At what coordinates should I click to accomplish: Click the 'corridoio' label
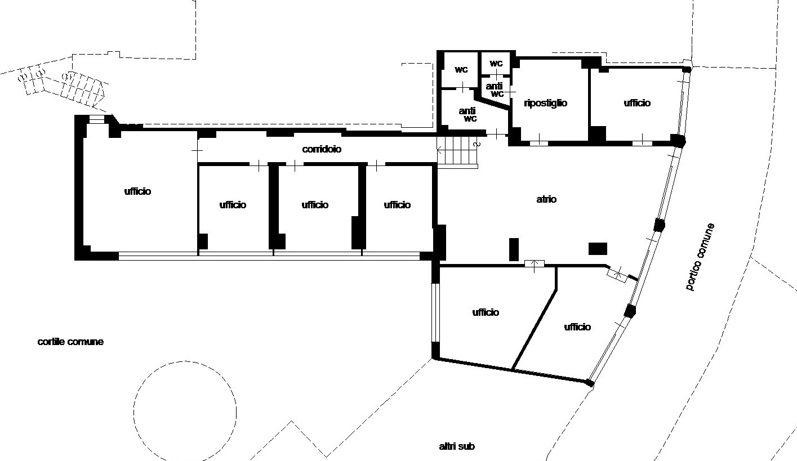[x=322, y=149]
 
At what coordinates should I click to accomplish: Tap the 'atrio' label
[x=546, y=199]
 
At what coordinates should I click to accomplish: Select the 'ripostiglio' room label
[x=545, y=103]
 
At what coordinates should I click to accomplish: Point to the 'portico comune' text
[x=700, y=257]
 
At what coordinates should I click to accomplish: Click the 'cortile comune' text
[x=70, y=342]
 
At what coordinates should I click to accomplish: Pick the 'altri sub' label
[x=457, y=446]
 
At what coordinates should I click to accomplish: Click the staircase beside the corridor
[x=457, y=152]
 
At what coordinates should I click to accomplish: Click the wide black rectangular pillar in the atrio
[x=598, y=249]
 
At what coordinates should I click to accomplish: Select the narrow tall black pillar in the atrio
[x=514, y=249]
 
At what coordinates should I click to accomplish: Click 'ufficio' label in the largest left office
[x=137, y=191]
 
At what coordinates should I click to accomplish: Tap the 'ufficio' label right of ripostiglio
[x=637, y=103]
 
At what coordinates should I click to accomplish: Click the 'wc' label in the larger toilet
[x=461, y=70]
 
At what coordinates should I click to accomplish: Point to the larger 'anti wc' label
[x=467, y=115]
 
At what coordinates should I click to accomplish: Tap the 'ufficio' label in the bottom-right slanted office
[x=577, y=327]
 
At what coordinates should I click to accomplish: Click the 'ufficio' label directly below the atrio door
[x=486, y=312]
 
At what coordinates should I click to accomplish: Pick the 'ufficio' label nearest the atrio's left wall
[x=398, y=205]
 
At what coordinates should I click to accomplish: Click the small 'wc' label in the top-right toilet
[x=496, y=64]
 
